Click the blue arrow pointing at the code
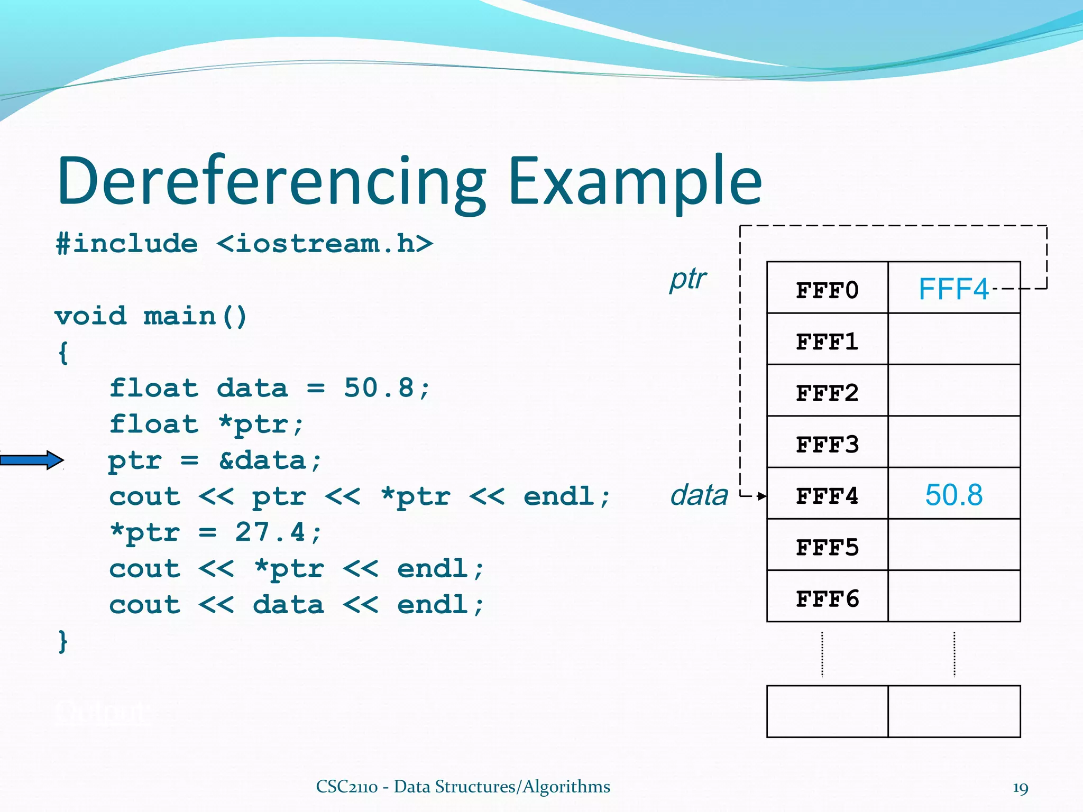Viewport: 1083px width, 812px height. pyautogui.click(x=32, y=460)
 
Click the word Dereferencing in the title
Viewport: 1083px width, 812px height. pyautogui.click(x=271, y=181)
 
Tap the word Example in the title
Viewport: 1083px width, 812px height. pyautogui.click(x=634, y=181)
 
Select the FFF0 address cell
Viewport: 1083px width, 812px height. pyautogui.click(x=827, y=290)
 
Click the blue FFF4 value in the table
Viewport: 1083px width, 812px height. pyautogui.click(x=953, y=289)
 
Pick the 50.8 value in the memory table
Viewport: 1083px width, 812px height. pyautogui.click(x=953, y=495)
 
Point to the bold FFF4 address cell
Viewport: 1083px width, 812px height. pyautogui.click(x=827, y=496)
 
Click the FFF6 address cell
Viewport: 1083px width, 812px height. pyautogui.click(x=827, y=598)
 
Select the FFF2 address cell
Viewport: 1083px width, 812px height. pyautogui.click(x=827, y=393)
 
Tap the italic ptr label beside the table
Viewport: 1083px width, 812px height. pyautogui.click(x=687, y=279)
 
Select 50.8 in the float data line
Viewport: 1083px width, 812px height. pyautogui.click(x=378, y=387)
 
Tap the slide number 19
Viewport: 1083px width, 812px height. pyautogui.click(x=1020, y=788)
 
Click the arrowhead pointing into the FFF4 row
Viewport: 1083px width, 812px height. pyautogui.click(x=761, y=496)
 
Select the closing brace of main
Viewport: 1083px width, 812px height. pyautogui.click(x=63, y=641)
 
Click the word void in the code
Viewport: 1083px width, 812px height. pyautogui.click(x=90, y=316)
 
